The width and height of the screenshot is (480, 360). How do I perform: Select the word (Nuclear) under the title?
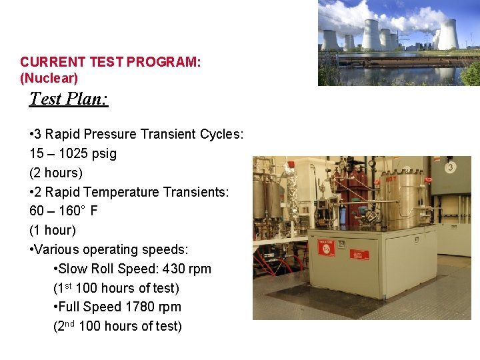click(x=49, y=78)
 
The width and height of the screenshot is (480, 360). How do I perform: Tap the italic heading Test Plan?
click(x=69, y=99)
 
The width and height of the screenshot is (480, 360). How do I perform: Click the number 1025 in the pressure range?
click(x=76, y=153)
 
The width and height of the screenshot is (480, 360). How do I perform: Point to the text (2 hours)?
click(x=56, y=173)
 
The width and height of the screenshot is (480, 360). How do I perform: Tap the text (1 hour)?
click(x=53, y=230)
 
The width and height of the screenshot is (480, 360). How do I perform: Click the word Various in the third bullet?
click(x=55, y=249)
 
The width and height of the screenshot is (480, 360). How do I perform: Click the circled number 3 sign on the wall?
click(x=451, y=167)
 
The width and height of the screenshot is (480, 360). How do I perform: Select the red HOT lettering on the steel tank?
click(x=391, y=179)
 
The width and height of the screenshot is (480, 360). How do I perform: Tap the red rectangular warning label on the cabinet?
click(x=358, y=254)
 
